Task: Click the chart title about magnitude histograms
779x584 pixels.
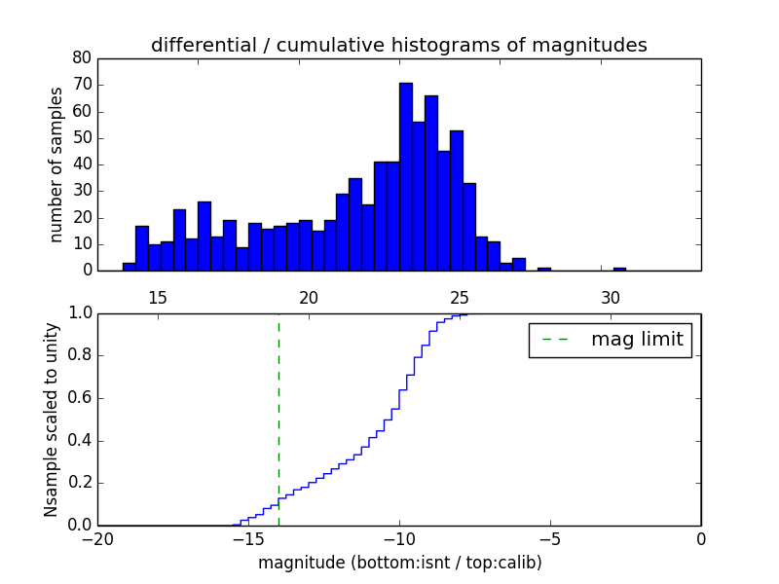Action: click(398, 46)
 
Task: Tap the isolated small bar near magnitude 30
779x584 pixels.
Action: click(619, 269)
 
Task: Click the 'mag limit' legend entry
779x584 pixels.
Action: click(610, 340)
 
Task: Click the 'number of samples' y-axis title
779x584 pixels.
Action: click(56, 164)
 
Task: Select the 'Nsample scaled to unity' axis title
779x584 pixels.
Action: click(51, 419)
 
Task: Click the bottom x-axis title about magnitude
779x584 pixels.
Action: click(399, 563)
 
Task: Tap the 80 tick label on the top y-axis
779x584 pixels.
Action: click(82, 58)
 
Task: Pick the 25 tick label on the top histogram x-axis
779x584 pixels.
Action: click(460, 298)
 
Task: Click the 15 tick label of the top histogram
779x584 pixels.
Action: click(158, 298)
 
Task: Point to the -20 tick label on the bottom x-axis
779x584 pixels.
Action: click(97, 539)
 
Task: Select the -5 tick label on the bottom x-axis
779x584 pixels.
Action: click(549, 539)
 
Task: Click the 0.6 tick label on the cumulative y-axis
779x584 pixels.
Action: click(78, 398)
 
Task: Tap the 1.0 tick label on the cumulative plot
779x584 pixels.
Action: click(78, 313)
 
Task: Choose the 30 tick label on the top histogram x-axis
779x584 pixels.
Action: click(611, 298)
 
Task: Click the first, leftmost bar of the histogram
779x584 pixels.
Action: click(129, 267)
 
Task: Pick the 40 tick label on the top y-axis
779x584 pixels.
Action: click(82, 164)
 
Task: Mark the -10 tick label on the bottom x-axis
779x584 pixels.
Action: click(398, 539)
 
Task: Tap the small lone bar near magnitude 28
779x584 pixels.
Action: click(543, 269)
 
